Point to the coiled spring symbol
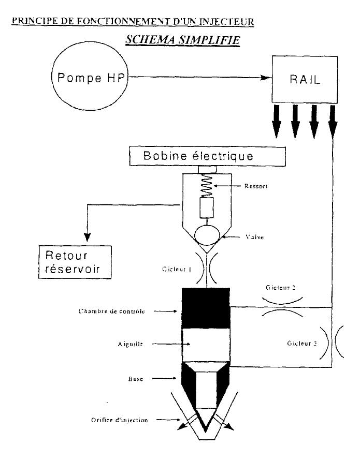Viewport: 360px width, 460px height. [x=206, y=185]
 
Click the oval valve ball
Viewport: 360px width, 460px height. [x=207, y=235]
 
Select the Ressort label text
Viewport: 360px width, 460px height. [x=256, y=186]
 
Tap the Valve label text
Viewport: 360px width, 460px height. [x=254, y=237]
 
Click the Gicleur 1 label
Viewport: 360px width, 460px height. [x=177, y=269]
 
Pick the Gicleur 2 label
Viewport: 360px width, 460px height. [x=281, y=288]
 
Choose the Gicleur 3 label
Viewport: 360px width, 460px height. [x=302, y=343]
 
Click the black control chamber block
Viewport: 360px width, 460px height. [x=206, y=308]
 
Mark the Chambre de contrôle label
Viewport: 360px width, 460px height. [x=111, y=311]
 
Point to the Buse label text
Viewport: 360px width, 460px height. [x=136, y=379]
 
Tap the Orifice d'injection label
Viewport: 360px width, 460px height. [x=120, y=420]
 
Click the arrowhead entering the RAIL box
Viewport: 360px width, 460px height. [x=267, y=78]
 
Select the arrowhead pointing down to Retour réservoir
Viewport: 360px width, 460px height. [x=88, y=237]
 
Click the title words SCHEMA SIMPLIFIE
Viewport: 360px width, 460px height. [x=183, y=40]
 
